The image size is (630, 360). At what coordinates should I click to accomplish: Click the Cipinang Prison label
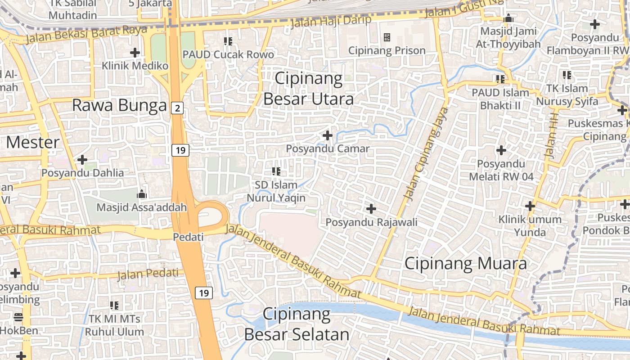(x=387, y=50)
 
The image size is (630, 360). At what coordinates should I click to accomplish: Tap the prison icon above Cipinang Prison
(x=387, y=37)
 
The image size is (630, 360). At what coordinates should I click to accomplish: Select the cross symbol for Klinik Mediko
(x=135, y=53)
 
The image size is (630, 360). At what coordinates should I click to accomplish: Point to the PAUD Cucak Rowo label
(x=228, y=54)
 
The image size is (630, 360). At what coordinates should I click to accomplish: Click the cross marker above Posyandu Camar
(x=328, y=135)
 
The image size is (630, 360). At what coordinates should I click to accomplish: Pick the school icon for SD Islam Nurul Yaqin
(x=276, y=171)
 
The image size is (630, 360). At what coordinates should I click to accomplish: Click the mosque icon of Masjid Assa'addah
(x=142, y=194)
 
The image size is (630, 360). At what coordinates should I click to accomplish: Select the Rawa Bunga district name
(x=119, y=105)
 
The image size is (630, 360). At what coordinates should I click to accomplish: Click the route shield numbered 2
(x=178, y=108)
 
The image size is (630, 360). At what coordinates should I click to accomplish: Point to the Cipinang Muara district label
(x=465, y=263)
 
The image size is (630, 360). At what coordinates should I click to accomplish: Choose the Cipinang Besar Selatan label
(x=297, y=324)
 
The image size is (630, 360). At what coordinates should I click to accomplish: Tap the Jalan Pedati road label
(x=148, y=274)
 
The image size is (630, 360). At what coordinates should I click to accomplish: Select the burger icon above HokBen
(x=18, y=317)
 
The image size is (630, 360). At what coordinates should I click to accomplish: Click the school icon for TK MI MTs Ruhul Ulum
(x=114, y=306)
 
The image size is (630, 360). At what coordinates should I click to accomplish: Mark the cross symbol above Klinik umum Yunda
(x=530, y=207)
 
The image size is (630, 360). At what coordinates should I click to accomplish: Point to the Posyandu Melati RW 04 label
(x=501, y=170)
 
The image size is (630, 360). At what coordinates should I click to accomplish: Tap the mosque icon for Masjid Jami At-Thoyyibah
(x=508, y=18)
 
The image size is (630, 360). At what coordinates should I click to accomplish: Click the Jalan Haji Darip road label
(x=331, y=21)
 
